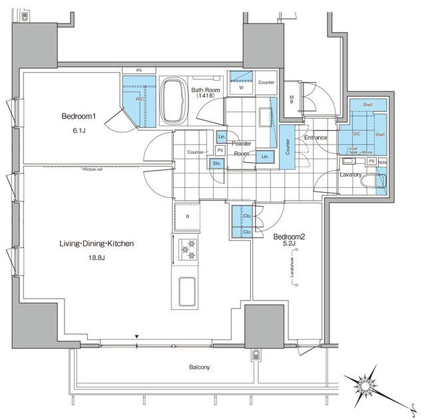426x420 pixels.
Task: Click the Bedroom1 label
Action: tap(79, 116)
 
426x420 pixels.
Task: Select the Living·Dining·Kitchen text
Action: tap(97, 244)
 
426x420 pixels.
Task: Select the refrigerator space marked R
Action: tap(188, 217)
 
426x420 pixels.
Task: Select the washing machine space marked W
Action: tap(240, 87)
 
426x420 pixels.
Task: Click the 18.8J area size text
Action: tap(97, 257)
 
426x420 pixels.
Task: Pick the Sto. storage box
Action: tap(217, 163)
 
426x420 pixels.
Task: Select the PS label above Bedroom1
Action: tap(139, 70)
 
